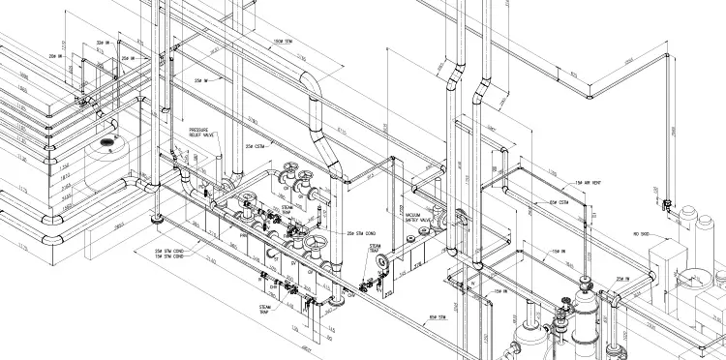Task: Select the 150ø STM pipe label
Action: coord(284,41)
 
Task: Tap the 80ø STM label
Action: coord(440,316)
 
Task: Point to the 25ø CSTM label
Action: coord(256,146)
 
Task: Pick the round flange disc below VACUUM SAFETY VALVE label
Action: coord(386,259)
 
